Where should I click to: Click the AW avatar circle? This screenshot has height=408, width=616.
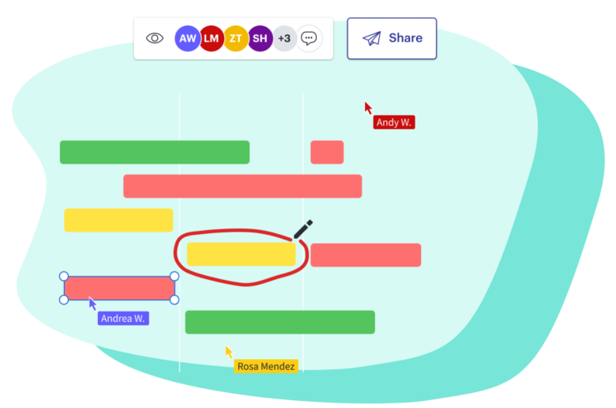click(x=188, y=38)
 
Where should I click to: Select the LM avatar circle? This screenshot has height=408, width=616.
click(x=211, y=38)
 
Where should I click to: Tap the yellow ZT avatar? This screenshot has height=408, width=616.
click(x=235, y=38)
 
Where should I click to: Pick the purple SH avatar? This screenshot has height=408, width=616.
click(x=260, y=38)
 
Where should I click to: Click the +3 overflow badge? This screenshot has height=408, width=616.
click(x=284, y=38)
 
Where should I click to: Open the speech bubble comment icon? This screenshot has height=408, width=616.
click(x=310, y=38)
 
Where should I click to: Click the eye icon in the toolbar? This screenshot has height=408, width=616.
click(x=155, y=38)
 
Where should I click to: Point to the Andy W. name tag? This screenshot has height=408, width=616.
click(x=393, y=123)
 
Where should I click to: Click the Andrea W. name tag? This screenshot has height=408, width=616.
click(x=123, y=319)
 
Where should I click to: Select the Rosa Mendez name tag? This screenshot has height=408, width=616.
click(x=266, y=366)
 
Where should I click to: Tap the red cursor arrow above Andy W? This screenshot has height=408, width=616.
click(x=368, y=108)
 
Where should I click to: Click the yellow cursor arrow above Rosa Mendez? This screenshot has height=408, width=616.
click(x=229, y=352)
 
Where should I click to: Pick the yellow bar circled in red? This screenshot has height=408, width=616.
click(x=241, y=254)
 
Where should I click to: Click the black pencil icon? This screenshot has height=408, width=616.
click(x=303, y=229)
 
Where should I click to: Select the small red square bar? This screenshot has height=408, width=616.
click(x=327, y=152)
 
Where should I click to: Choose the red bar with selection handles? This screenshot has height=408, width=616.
click(x=119, y=288)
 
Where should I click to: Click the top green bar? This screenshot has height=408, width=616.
click(x=155, y=152)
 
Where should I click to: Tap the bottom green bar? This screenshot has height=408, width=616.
click(x=280, y=322)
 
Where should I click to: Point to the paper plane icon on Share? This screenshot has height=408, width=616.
click(x=371, y=38)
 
